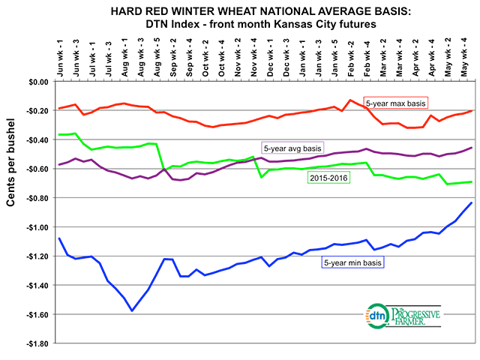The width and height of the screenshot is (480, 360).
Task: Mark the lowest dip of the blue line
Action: [x=132, y=310]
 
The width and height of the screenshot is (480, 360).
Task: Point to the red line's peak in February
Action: [x=351, y=100]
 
